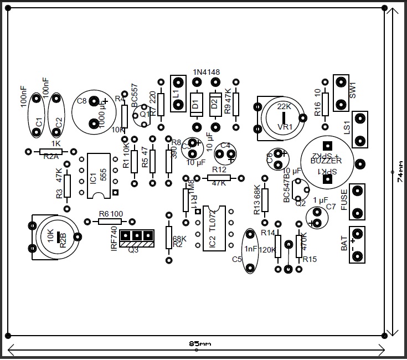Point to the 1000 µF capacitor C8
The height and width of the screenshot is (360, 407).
click(91, 111)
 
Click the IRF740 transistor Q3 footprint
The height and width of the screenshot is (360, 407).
click(136, 238)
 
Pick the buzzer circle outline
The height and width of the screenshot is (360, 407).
click(326, 160)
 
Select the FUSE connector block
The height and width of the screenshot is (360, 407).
click(357, 201)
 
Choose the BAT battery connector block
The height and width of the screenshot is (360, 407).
click(357, 244)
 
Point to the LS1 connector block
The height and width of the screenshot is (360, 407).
click(360, 129)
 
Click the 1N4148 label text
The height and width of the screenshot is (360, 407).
click(206, 72)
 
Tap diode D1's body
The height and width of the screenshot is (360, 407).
click(196, 102)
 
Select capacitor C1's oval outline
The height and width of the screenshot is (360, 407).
click(36, 115)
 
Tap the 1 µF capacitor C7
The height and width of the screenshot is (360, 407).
click(318, 218)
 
